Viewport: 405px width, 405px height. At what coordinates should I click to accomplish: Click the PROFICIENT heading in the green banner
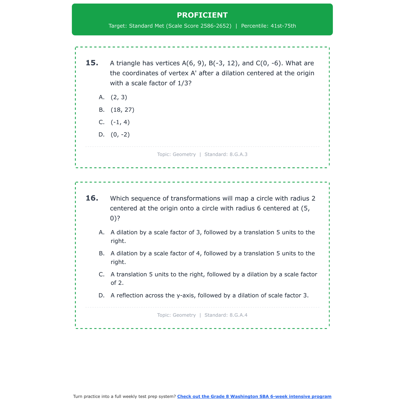click(x=202, y=15)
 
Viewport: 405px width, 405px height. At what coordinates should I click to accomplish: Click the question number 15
click(x=92, y=63)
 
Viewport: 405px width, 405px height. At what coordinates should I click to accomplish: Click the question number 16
click(x=92, y=198)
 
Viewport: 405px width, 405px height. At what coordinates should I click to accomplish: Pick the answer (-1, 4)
click(x=120, y=122)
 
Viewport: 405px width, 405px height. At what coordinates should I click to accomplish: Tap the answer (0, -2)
click(x=120, y=135)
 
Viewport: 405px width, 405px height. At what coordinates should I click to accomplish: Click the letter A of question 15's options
click(x=102, y=97)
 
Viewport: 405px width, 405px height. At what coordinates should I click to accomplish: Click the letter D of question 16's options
click(x=102, y=295)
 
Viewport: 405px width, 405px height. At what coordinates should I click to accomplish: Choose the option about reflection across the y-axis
click(x=210, y=295)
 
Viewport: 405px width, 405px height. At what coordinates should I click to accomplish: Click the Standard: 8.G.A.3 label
click(x=226, y=154)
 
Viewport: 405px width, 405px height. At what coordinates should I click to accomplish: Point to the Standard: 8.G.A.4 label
click(x=226, y=315)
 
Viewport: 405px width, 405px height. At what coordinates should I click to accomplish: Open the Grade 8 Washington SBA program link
click(x=254, y=396)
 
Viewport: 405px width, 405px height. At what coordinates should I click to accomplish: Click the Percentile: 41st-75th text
click(x=268, y=26)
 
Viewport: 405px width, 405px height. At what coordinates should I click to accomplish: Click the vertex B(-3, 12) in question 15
click(x=224, y=63)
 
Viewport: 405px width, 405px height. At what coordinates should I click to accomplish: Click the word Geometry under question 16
click(x=184, y=315)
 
